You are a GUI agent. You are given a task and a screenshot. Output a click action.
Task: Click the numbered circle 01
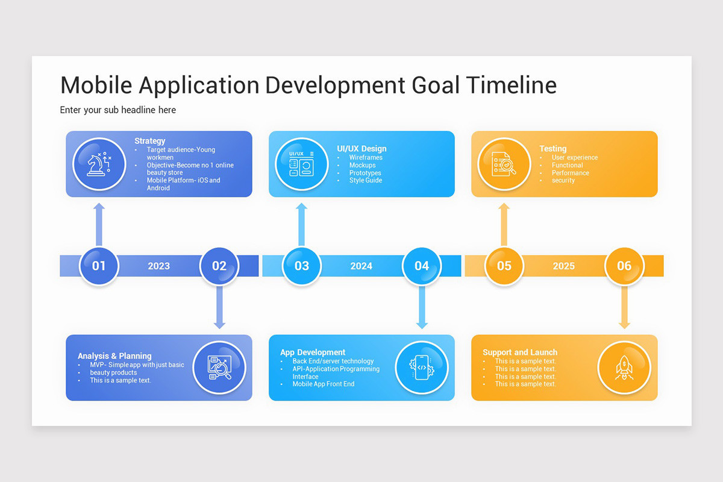99,266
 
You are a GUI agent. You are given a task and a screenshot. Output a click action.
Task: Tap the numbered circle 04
422,266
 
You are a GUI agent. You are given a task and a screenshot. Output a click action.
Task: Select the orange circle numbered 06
624,266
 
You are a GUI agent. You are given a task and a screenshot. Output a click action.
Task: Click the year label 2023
158,266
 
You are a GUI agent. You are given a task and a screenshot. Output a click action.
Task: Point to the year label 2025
563,266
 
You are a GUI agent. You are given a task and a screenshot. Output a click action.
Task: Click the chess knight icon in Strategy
99,164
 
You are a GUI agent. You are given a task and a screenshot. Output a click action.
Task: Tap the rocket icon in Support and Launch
624,368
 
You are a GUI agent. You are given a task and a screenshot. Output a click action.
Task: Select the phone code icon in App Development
422,368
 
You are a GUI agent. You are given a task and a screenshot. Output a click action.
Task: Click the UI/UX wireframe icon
301,164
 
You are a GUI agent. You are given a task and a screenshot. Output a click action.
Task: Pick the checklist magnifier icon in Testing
504,164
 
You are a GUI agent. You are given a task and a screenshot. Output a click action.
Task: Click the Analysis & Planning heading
114,356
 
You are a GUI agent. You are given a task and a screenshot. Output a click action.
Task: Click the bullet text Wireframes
366,158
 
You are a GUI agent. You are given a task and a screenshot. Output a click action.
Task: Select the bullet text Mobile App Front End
324,384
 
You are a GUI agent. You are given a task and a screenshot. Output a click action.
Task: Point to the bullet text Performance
570,173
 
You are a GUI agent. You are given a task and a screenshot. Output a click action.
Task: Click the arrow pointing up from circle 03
301,224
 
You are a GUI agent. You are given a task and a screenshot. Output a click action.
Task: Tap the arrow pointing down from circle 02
219,307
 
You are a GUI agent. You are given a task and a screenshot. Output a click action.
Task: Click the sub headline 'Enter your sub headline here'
118,110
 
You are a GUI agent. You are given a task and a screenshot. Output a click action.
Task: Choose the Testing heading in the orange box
552,148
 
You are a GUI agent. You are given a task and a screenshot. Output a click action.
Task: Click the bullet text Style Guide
366,180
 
